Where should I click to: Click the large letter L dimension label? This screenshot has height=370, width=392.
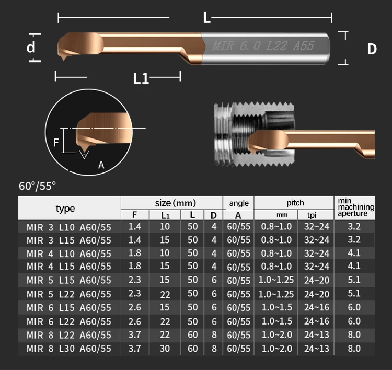206,18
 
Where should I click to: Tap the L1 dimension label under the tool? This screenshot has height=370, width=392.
141,78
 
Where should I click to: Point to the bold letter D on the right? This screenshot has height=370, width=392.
372,49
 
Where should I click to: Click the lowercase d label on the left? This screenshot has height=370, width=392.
31,47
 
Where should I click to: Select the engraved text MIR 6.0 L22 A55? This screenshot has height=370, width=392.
263,46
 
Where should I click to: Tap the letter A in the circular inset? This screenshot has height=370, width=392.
101,165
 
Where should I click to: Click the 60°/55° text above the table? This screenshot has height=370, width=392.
37,186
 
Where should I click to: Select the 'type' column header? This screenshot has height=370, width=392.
65,209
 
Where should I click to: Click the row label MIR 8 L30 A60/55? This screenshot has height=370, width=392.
68,348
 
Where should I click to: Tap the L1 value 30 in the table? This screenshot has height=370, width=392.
165,348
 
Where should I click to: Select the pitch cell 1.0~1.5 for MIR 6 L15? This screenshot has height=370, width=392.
275,307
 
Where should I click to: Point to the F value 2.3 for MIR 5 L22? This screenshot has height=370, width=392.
135,294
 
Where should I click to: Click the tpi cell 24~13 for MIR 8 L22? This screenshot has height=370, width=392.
316,334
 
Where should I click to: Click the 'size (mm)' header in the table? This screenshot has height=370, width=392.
172,203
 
